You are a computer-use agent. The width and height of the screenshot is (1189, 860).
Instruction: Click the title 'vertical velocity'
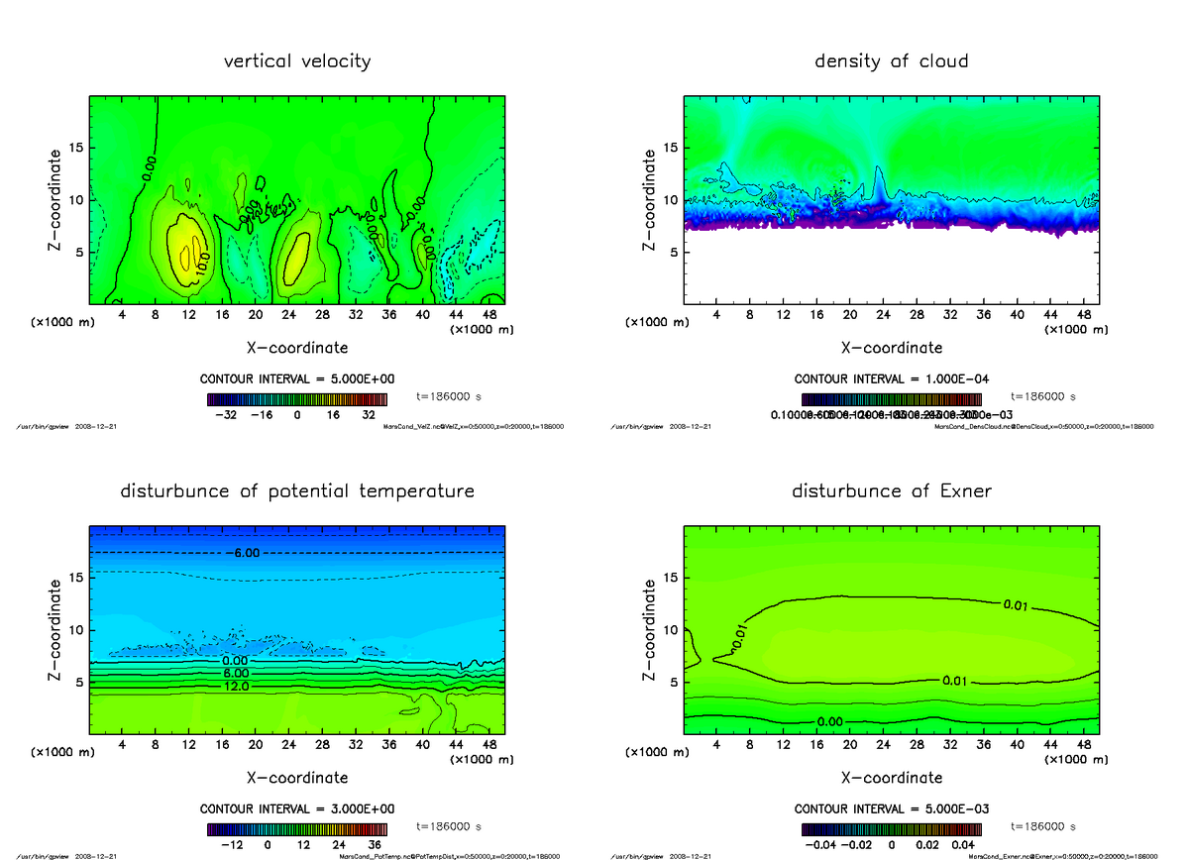point(297,61)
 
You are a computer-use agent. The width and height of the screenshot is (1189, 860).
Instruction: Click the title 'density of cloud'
point(892,61)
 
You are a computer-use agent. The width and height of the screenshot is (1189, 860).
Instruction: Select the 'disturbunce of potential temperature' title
point(297,491)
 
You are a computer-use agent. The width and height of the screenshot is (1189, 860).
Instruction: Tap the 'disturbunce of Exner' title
point(892,491)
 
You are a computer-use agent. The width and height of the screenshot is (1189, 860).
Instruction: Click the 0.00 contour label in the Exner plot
point(831,721)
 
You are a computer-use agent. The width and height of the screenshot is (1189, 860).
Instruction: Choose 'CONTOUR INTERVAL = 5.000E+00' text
point(297,379)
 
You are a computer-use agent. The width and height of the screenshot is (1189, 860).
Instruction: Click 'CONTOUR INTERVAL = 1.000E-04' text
point(892,379)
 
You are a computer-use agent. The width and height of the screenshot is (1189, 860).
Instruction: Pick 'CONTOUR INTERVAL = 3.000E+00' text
point(297,809)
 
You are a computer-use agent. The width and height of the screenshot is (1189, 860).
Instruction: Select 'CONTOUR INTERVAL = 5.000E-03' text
point(892,809)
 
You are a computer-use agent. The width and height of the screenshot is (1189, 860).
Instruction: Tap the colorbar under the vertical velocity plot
point(297,399)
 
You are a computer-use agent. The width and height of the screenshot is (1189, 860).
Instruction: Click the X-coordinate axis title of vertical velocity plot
point(297,348)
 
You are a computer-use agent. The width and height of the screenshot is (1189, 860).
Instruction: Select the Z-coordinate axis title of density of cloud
point(650,199)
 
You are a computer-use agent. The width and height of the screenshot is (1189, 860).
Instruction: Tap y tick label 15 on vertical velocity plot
point(75,149)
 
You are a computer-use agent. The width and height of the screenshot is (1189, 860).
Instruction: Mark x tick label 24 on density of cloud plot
point(883,314)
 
